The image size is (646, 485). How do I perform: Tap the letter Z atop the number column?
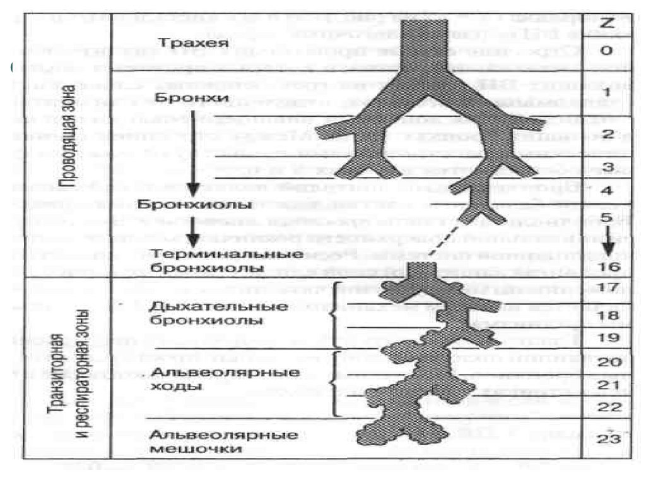[608, 24]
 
